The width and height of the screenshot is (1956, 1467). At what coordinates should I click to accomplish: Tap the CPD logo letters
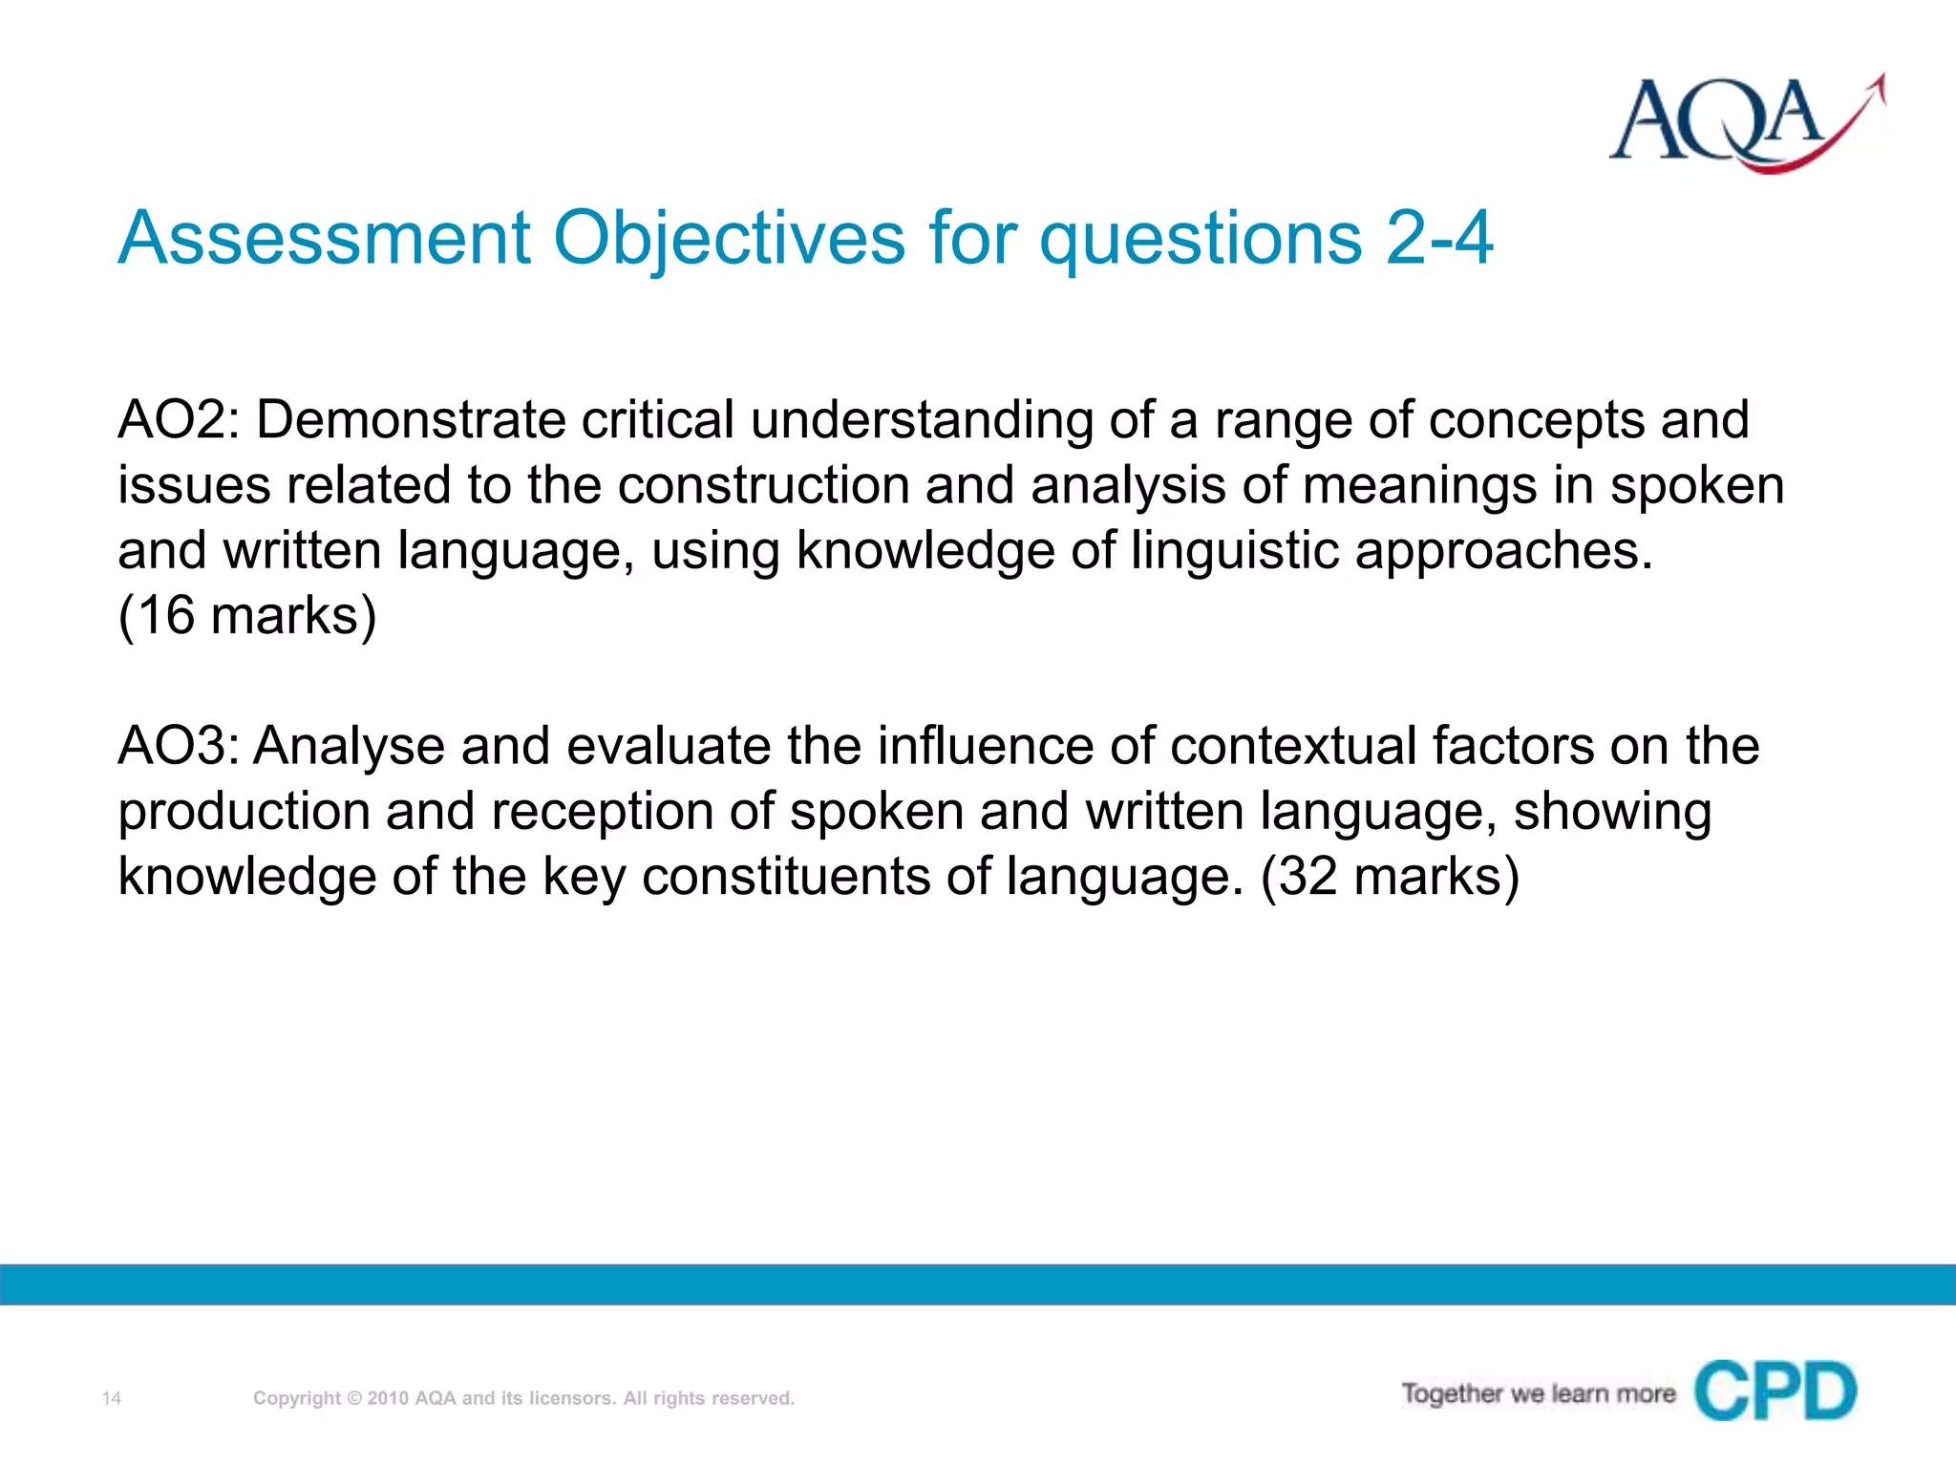click(x=1775, y=1392)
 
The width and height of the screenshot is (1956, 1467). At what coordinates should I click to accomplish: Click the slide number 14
click(x=112, y=1398)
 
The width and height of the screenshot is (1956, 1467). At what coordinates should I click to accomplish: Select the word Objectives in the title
click(x=729, y=238)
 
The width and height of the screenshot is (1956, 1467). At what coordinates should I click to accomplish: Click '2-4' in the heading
click(x=1438, y=238)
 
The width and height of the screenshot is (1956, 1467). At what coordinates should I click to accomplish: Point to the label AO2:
click(x=179, y=420)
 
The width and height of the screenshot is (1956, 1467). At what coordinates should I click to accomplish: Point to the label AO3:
click(x=179, y=746)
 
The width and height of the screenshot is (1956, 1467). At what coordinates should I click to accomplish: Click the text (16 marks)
click(x=247, y=615)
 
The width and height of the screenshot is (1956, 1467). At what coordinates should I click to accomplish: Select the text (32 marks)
click(x=1390, y=876)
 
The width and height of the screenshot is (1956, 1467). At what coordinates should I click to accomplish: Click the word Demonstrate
click(x=410, y=420)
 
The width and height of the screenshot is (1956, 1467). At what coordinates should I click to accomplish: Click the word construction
click(x=763, y=485)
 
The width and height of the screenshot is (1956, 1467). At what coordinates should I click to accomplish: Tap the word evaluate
click(x=668, y=746)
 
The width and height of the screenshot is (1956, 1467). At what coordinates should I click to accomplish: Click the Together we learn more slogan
click(x=1538, y=1393)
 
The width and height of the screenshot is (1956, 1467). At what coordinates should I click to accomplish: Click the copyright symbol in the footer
click(x=354, y=1398)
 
